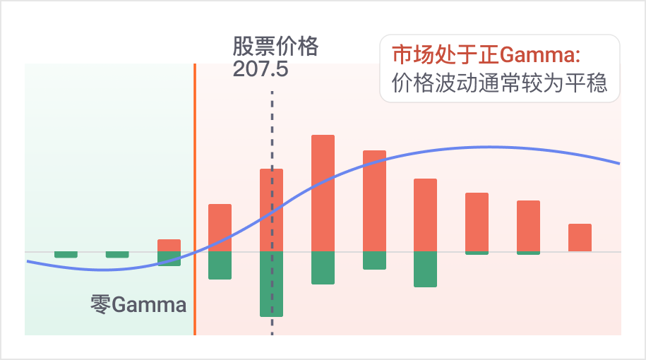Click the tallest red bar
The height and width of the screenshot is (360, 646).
[x=323, y=193]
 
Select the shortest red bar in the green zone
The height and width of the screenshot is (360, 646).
[x=169, y=246]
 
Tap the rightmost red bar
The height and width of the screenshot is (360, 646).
[x=580, y=238]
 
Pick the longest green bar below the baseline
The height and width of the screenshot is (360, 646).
[x=272, y=284]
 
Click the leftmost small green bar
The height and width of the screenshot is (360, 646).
[x=66, y=255]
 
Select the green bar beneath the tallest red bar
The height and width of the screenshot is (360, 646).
[x=323, y=268]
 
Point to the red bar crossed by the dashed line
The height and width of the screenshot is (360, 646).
[x=272, y=210]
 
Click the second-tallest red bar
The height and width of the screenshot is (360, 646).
[x=374, y=201]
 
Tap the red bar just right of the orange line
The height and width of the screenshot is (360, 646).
[x=220, y=228]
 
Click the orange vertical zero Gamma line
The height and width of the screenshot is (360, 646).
[x=195, y=199]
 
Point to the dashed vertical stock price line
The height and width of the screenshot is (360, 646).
[x=272, y=213]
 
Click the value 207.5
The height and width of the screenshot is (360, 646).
[x=261, y=68]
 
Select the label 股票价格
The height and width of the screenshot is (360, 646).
[x=275, y=46]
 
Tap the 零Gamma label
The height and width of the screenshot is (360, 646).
[x=138, y=305]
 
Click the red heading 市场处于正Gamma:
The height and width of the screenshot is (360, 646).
[x=486, y=55]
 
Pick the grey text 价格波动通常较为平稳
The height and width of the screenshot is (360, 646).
[x=499, y=83]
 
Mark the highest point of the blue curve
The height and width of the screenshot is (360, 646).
[x=486, y=147]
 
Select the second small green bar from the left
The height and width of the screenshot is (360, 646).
[x=117, y=255]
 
